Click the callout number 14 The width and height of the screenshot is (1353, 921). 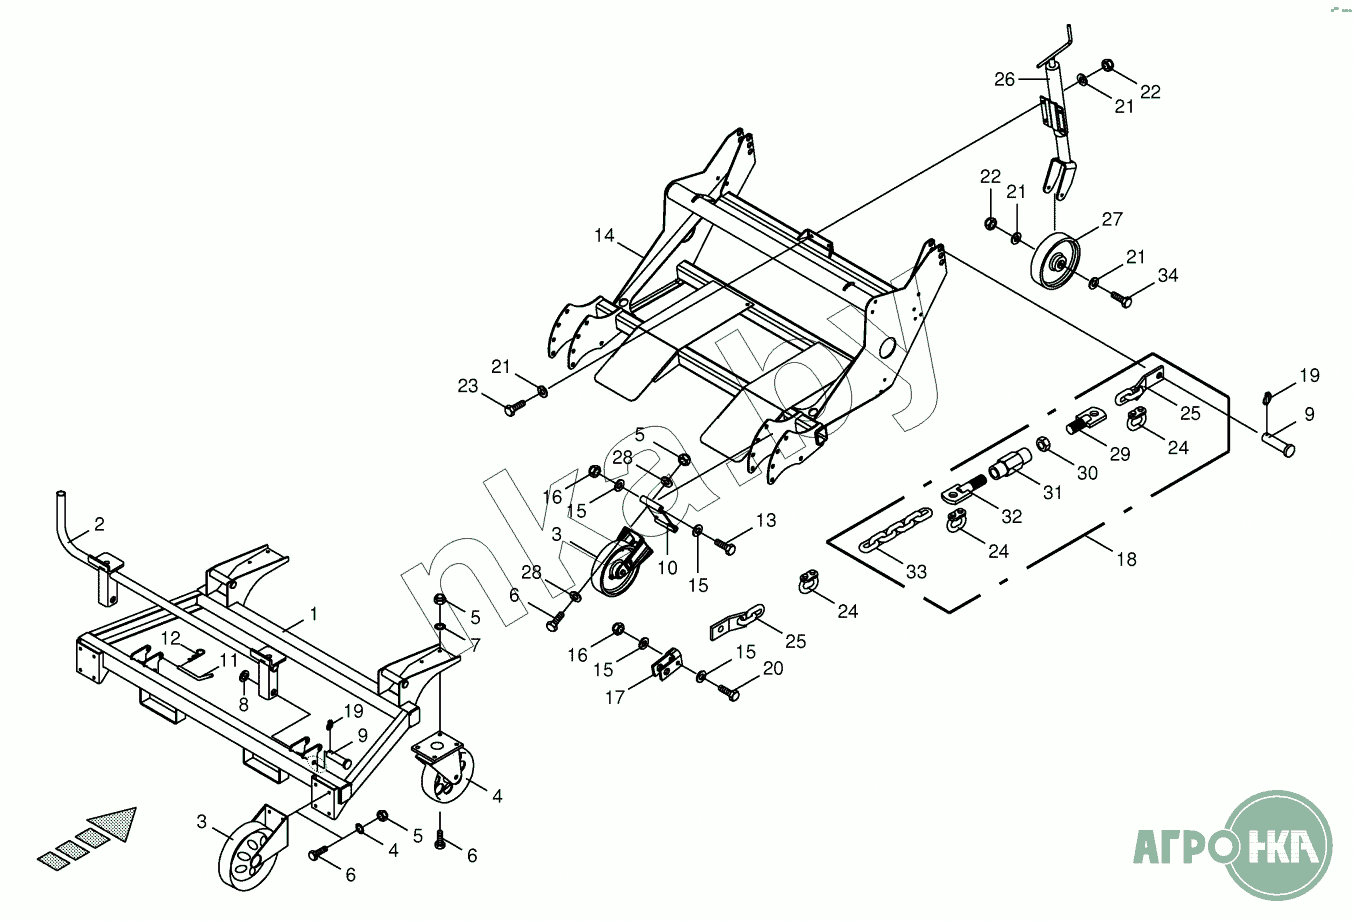[x=604, y=236]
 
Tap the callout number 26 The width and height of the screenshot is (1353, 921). [x=1004, y=80]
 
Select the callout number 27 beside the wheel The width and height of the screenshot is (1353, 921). [x=1112, y=219]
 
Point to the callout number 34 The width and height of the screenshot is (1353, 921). [x=1168, y=275]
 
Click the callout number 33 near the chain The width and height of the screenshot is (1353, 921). [x=916, y=571]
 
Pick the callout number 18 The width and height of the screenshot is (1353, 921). [x=1126, y=559]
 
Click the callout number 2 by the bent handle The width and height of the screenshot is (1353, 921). [x=100, y=524]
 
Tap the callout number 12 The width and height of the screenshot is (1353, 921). [x=170, y=638]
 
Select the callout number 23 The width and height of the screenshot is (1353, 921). [x=468, y=386]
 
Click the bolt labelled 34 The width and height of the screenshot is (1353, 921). [x=1121, y=300]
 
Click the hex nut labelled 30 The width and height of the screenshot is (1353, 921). [x=1043, y=444]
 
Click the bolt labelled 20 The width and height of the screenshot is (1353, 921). [x=728, y=692]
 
